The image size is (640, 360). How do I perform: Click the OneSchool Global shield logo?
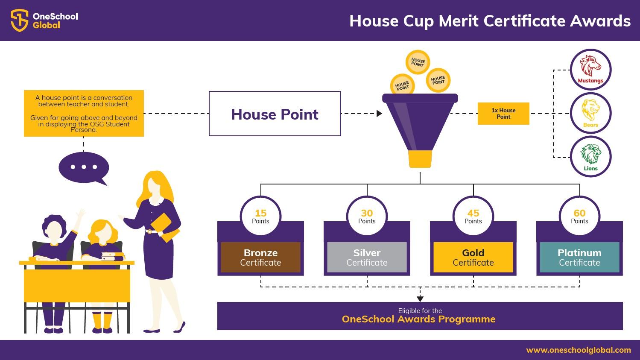point(20,20)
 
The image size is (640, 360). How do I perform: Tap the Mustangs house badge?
point(590,70)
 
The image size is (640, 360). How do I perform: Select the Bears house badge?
point(590,113)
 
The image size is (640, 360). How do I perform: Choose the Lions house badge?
point(590,157)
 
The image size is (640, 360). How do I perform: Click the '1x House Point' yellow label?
point(503,114)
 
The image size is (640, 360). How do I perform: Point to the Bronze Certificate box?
point(260,258)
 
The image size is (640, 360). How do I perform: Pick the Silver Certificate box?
point(367,258)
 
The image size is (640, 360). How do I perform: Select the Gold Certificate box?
point(473,258)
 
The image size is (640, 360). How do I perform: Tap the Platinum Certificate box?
point(579,258)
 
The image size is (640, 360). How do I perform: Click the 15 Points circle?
point(260,216)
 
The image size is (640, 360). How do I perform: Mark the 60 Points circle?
point(579,216)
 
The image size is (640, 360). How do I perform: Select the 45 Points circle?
point(473,216)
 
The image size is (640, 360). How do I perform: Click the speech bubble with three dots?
point(84,168)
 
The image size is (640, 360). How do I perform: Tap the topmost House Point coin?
point(418,62)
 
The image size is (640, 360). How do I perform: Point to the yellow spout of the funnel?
point(420,159)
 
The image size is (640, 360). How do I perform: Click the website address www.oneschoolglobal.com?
point(579,350)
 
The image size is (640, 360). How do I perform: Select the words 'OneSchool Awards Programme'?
point(418,319)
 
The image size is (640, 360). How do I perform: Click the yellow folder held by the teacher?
point(165,228)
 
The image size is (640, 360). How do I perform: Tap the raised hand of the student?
point(81,214)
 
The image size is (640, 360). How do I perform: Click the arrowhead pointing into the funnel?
point(379,114)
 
